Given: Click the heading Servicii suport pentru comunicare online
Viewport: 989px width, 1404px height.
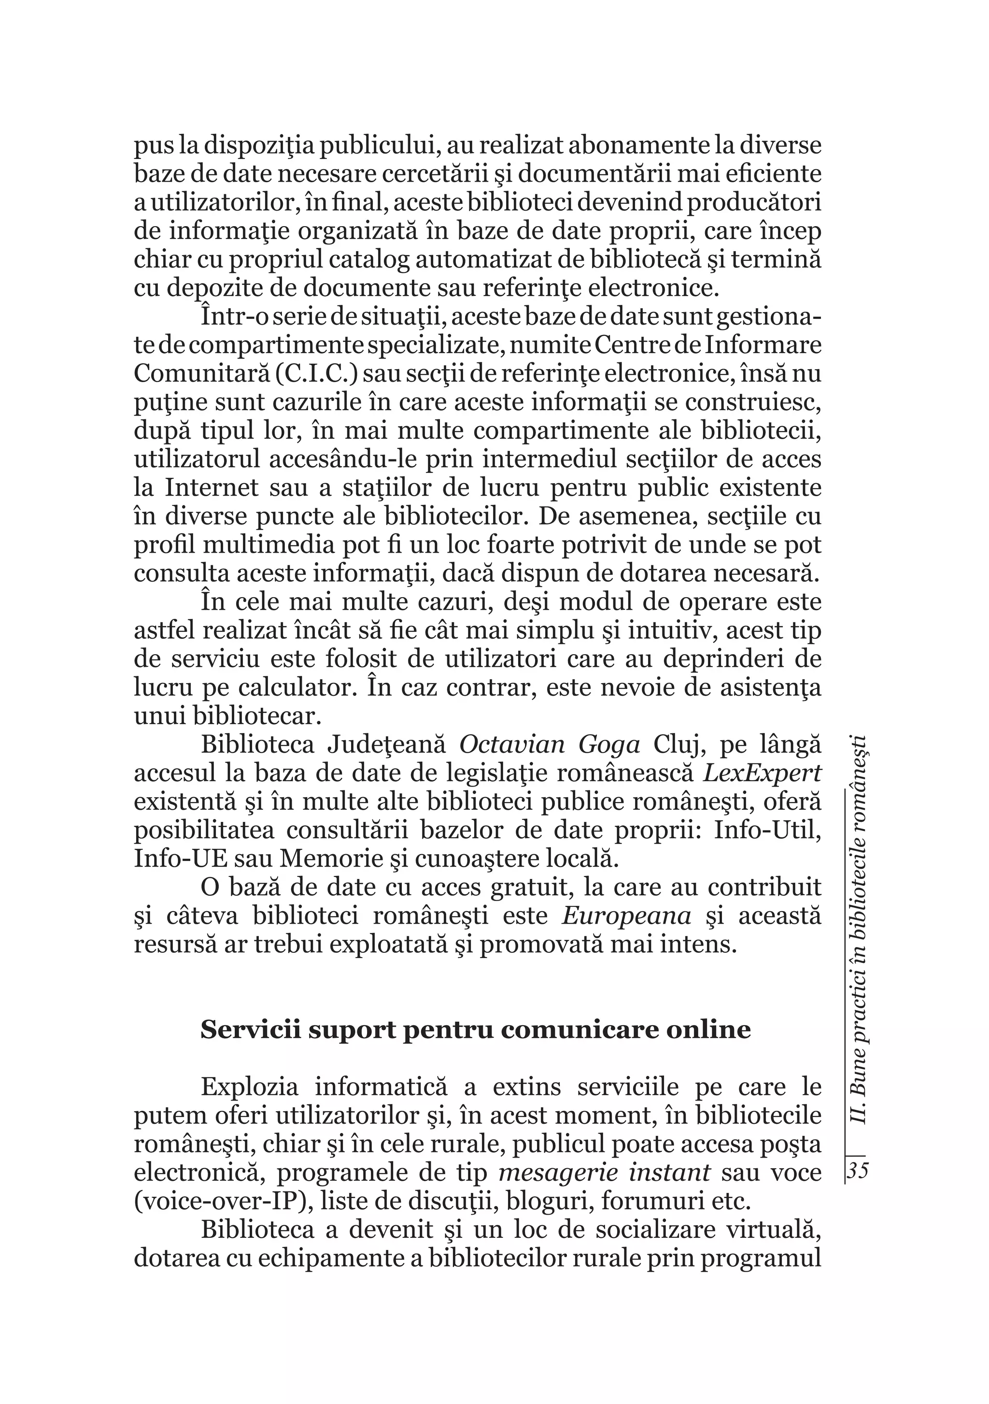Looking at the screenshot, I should (476, 1030).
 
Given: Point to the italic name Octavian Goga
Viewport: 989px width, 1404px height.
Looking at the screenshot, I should (550, 745).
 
